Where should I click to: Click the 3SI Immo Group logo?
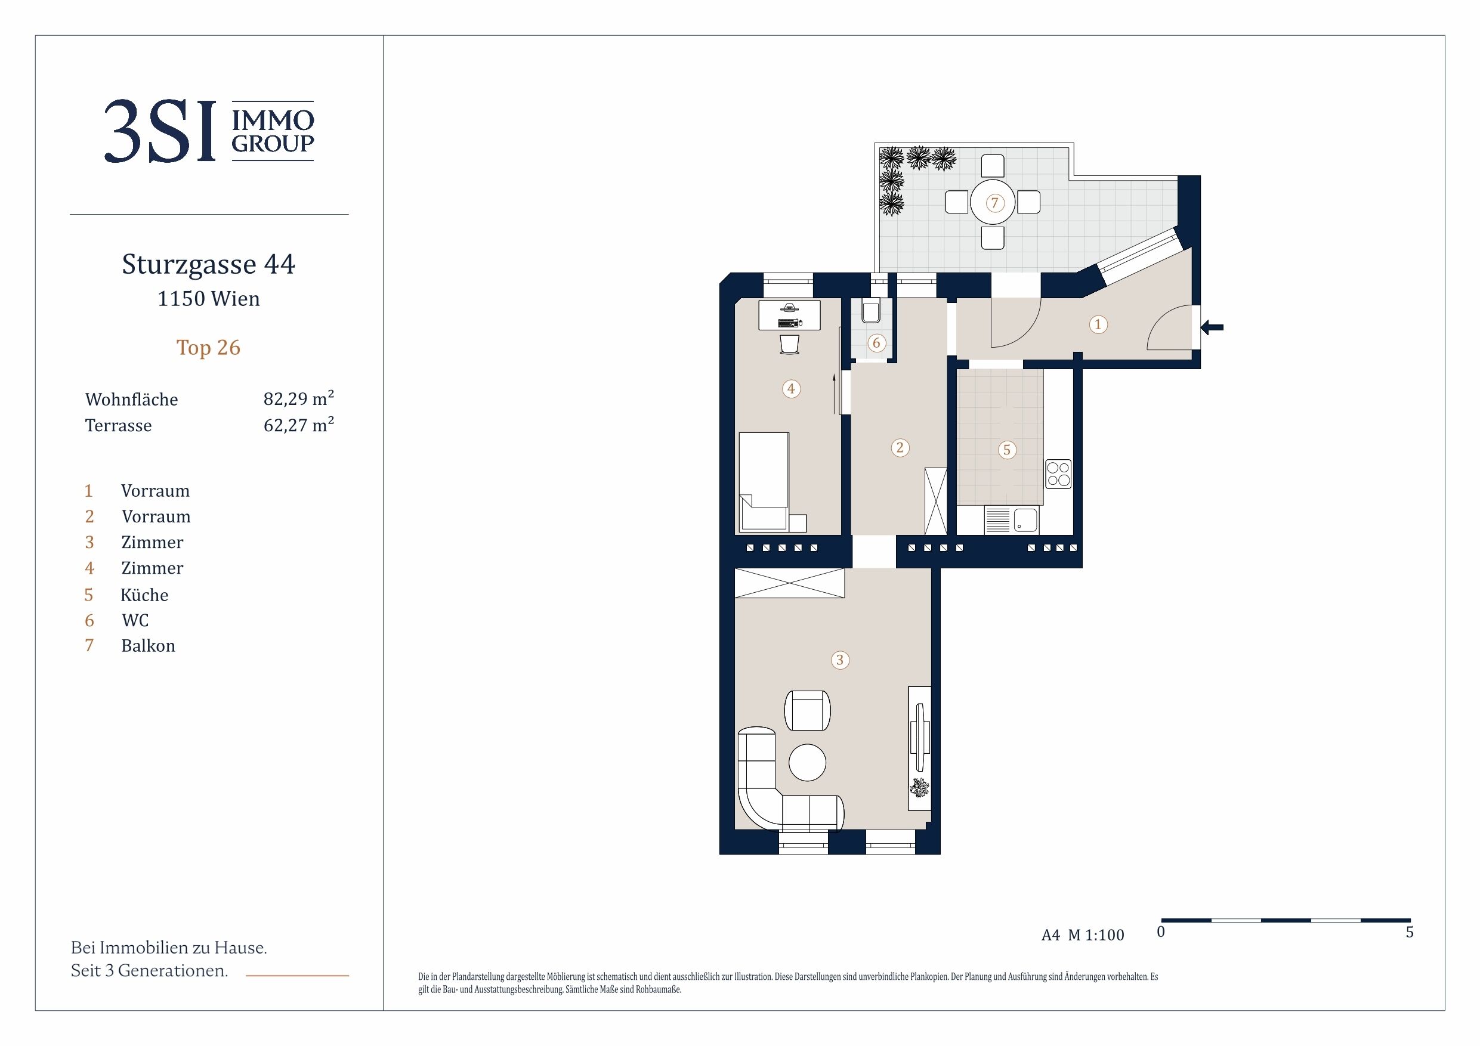(x=209, y=131)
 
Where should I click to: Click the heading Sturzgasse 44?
(x=208, y=264)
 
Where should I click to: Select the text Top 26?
(x=208, y=348)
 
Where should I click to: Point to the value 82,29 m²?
(x=298, y=398)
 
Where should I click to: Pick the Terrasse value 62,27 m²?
(x=298, y=425)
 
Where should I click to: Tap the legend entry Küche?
(x=144, y=594)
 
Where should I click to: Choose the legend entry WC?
(x=135, y=620)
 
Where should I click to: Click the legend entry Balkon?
(x=149, y=646)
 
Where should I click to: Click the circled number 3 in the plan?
(x=839, y=660)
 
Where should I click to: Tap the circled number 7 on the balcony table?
(x=994, y=203)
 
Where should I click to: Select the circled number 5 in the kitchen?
(x=1007, y=450)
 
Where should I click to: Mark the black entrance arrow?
(x=1212, y=327)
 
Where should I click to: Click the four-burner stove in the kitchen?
(x=1058, y=474)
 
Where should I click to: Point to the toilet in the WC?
(x=870, y=312)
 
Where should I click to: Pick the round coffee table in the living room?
(x=807, y=762)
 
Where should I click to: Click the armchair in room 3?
(x=807, y=710)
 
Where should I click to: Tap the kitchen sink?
(x=1025, y=520)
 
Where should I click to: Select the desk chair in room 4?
(x=789, y=343)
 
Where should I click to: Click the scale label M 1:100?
(x=1096, y=935)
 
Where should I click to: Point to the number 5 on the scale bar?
(x=1410, y=932)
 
